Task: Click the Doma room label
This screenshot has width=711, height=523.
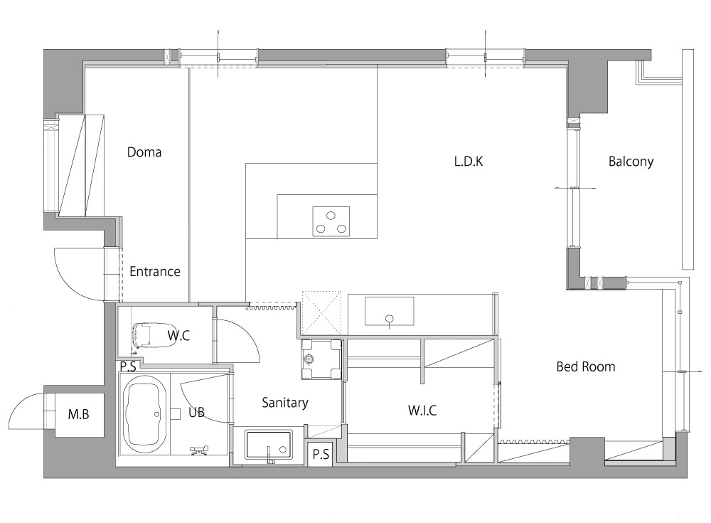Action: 144,152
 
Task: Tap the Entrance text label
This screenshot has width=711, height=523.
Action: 155,272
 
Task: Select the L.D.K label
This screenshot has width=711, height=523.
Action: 469,161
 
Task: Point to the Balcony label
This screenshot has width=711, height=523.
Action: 631,162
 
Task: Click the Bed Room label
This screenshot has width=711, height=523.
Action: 586,366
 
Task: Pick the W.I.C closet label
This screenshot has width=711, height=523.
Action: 422,411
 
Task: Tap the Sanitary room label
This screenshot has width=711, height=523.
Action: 285,403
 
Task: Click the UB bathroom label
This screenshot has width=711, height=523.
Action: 196,412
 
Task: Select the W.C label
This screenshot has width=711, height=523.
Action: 178,336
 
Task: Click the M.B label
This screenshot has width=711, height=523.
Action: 78,414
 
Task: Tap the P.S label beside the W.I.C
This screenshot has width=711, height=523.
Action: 321,454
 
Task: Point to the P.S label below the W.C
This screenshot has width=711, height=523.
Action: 128,366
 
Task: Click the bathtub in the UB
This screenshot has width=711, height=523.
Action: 143,413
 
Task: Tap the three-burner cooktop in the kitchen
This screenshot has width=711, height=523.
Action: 331,221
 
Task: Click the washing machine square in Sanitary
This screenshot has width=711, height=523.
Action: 321,359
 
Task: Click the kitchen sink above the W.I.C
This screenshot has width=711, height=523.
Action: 390,312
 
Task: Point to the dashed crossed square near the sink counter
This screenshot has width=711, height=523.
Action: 321,312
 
